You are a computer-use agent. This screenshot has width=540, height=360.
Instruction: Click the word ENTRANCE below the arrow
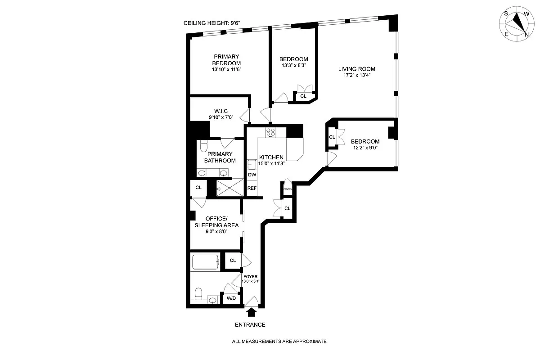[x=250, y=324]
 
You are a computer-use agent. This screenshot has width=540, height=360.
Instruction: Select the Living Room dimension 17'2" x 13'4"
[x=357, y=76]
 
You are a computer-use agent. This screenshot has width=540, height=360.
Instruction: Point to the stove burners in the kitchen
[x=271, y=132]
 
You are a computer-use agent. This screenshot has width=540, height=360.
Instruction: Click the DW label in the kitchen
[x=252, y=175]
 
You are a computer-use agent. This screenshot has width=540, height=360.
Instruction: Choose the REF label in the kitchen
[x=252, y=188]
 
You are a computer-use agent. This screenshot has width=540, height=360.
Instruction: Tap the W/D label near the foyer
[x=231, y=298]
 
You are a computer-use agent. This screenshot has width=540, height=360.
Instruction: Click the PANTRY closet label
[x=287, y=189]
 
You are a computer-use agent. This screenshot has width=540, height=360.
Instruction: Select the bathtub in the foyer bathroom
[x=205, y=262]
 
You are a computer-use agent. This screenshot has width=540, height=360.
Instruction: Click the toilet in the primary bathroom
[x=203, y=146]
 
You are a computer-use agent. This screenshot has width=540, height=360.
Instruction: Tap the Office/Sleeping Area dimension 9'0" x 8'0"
[x=216, y=231]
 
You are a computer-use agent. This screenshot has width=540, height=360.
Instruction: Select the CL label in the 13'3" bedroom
[x=303, y=96]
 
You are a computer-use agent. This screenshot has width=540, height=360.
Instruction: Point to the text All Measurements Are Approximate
[x=279, y=342]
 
